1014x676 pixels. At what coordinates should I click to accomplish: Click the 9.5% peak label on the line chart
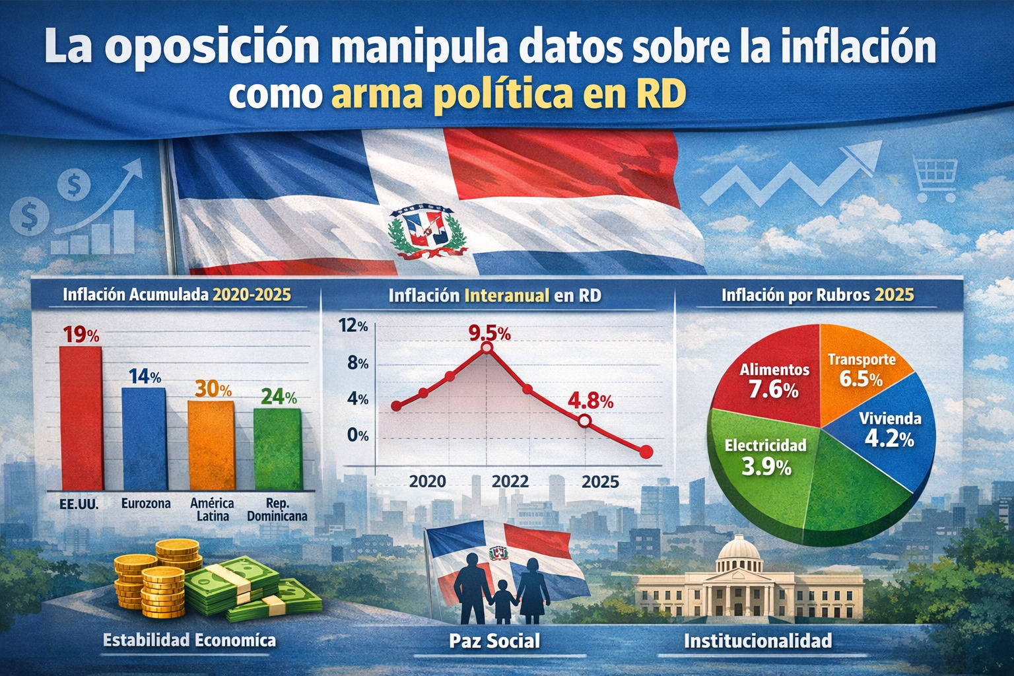(489, 333)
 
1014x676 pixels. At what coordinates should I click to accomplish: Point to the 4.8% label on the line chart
(590, 401)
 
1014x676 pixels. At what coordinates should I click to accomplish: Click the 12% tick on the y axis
(353, 325)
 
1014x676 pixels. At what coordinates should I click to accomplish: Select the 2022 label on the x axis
(510, 481)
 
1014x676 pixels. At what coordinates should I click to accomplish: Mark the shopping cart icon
(934, 178)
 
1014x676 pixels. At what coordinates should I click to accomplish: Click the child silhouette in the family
(504, 601)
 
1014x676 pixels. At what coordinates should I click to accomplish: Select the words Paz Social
(494, 640)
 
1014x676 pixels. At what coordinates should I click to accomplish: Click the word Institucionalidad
(757, 640)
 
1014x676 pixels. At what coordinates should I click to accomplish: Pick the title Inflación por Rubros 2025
(817, 294)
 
